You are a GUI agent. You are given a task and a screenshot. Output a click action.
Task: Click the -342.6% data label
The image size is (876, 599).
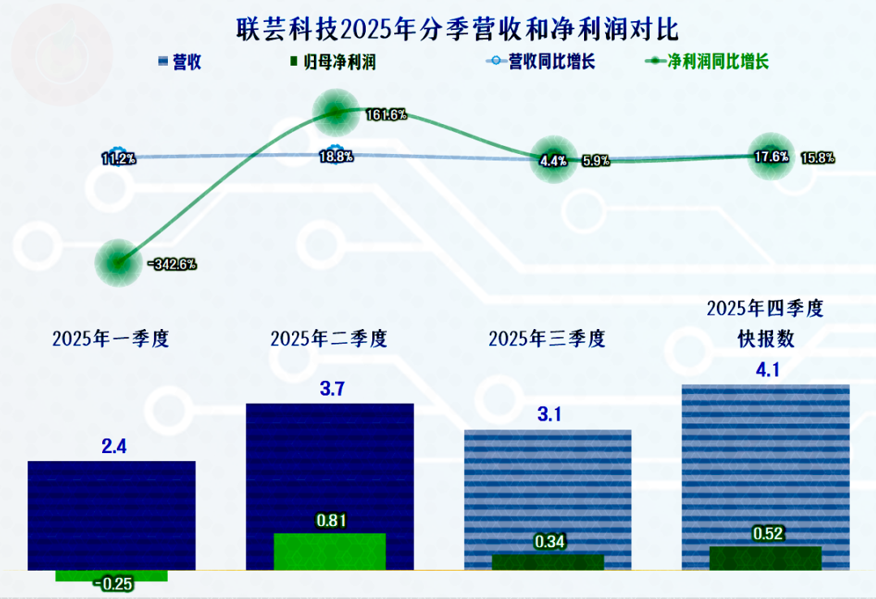[172, 263]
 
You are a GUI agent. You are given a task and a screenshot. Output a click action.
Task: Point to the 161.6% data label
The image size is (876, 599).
[385, 115]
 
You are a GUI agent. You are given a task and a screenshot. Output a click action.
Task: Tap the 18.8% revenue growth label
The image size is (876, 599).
[336, 157]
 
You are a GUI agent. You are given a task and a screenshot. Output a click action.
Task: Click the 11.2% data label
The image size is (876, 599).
[118, 158]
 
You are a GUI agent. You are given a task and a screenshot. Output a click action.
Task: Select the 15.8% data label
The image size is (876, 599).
[818, 157]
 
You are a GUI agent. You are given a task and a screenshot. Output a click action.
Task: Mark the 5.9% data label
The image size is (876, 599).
[596, 160]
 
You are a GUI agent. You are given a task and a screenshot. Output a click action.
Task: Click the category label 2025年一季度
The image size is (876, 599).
[110, 339]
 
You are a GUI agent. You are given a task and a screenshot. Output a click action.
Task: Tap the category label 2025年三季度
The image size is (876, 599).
[547, 339]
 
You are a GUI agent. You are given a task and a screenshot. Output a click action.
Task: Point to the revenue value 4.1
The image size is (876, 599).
[766, 371]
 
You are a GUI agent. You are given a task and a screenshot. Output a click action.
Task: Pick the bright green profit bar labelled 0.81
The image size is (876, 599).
[329, 551]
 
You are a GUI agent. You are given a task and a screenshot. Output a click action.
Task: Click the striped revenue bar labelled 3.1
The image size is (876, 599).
[547, 486]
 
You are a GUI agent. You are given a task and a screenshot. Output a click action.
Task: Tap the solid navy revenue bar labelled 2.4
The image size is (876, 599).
[112, 511]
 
